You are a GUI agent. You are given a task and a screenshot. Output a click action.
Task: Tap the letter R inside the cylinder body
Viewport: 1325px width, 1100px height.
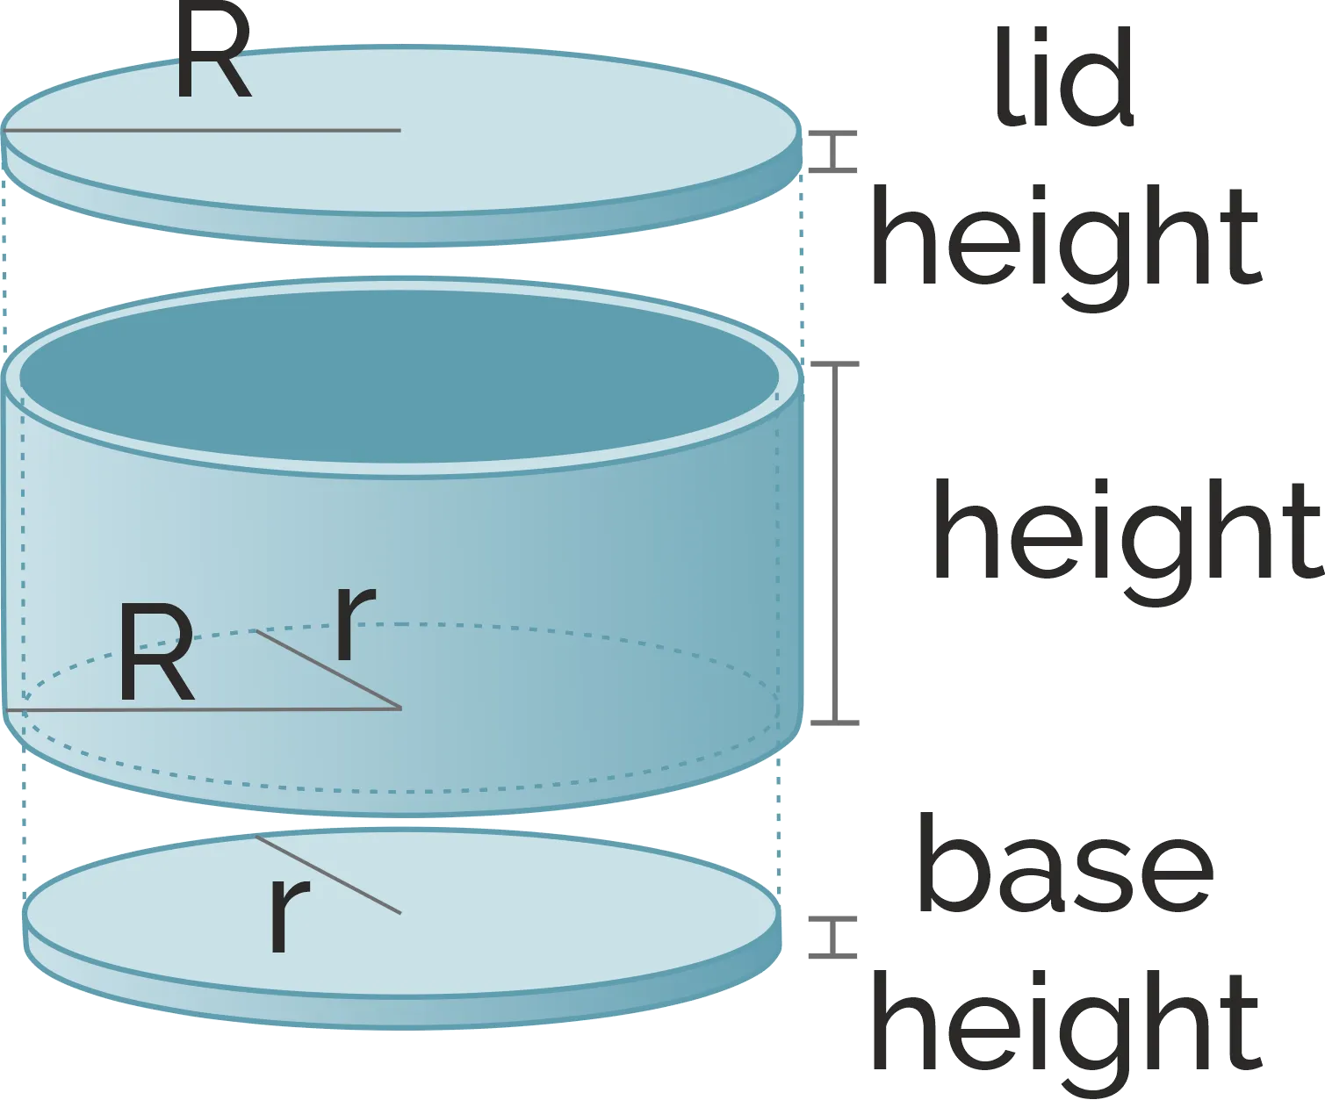(157, 653)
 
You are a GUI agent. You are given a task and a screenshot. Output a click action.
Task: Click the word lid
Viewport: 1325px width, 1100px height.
(1064, 77)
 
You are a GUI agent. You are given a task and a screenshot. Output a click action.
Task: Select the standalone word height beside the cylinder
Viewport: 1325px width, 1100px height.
(1127, 543)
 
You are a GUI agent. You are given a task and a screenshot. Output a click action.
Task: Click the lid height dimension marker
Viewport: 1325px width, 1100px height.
(833, 152)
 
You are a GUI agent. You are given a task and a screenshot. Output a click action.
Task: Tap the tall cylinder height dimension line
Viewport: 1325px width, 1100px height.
(835, 543)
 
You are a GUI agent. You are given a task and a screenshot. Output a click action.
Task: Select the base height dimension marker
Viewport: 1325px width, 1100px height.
(833, 937)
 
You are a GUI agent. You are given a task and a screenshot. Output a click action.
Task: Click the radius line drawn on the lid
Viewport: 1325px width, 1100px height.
(202, 131)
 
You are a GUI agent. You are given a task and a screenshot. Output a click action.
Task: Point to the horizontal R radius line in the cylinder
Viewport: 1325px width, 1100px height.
(203, 708)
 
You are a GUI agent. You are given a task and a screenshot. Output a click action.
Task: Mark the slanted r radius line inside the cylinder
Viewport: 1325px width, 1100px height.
(328, 669)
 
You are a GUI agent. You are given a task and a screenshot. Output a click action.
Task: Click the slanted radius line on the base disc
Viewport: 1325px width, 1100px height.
(328, 875)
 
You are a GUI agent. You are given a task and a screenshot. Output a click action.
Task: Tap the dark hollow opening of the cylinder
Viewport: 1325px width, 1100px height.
(400, 377)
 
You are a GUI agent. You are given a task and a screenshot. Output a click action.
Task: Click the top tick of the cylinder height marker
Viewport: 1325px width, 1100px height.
(835, 364)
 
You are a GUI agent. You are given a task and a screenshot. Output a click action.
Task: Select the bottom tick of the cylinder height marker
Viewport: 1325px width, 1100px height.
(835, 723)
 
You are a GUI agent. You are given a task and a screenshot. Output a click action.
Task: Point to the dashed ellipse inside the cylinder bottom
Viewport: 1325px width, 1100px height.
(400, 793)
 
